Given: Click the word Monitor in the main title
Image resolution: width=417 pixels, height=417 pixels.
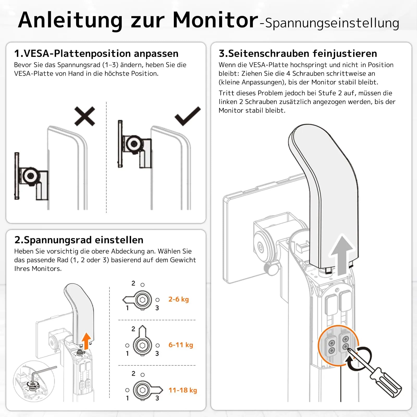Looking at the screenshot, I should point(215,20).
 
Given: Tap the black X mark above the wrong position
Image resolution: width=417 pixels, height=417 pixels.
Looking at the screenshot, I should point(85,116).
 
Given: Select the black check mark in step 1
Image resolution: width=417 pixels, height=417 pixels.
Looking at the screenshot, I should point(188,116).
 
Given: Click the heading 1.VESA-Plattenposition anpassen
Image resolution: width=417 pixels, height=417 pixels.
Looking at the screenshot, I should point(96,53).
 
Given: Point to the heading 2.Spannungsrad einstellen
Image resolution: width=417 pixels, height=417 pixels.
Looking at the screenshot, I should point(79,240).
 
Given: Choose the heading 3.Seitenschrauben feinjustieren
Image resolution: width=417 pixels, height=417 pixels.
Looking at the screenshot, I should point(298,53).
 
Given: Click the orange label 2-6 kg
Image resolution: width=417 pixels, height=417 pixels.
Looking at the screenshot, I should point(179,299).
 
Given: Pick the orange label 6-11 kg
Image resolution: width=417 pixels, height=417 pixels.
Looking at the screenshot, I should point(181,345).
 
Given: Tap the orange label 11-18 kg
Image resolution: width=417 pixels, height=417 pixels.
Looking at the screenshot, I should point(183,390).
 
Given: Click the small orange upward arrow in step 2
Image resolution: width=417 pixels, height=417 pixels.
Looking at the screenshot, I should point(86,340).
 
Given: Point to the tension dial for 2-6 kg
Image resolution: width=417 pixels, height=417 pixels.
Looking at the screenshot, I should point(142,300).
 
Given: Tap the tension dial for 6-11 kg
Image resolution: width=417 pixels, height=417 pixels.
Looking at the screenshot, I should point(142,345).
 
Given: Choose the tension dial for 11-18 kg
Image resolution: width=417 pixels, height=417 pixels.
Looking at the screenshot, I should point(143,390).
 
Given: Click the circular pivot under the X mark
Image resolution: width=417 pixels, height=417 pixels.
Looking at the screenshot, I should point(30,176).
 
